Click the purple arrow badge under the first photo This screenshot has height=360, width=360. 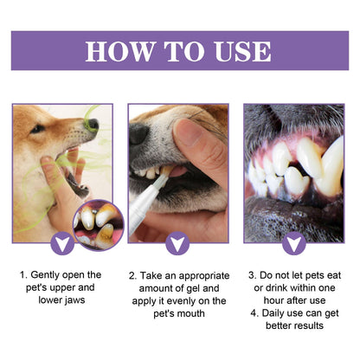[61, 244]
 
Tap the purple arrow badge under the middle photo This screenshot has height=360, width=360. [179, 244]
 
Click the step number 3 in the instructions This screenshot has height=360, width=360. [252, 275]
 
